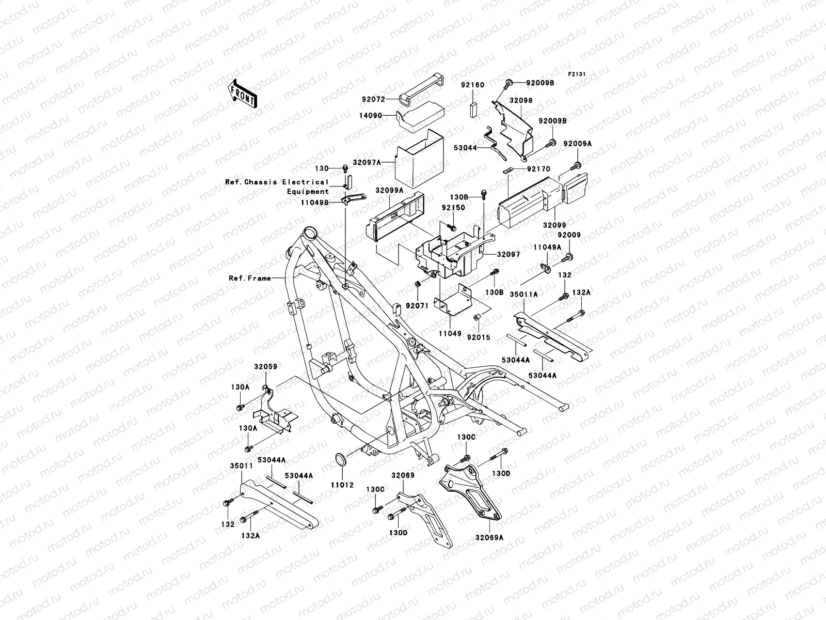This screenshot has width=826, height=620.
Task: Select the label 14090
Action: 385,116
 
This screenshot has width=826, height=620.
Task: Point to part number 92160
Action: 472,86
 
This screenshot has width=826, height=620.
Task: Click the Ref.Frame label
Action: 250,278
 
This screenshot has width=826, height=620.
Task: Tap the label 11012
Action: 342,486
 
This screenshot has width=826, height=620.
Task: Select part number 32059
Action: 265,367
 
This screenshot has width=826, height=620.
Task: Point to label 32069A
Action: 491,537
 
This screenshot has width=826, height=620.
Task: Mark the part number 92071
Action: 418,306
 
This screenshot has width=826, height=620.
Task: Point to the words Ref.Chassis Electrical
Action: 277,182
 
